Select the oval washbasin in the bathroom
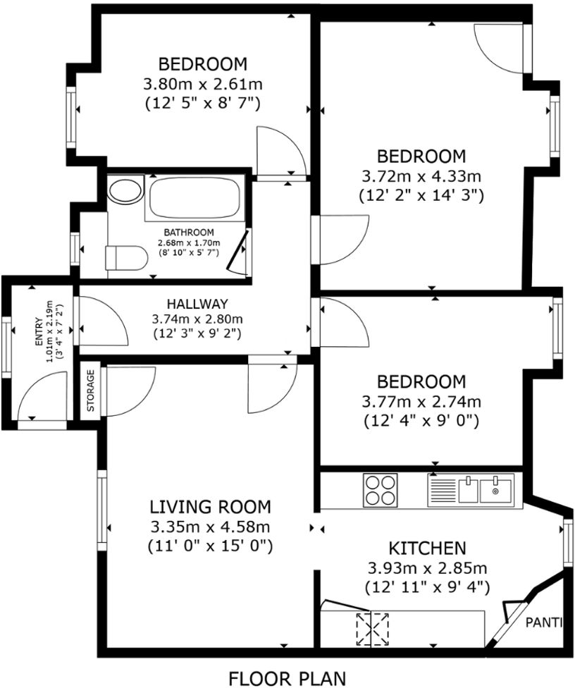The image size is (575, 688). click(x=125, y=191)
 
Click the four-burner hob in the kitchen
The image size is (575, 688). click(x=379, y=489)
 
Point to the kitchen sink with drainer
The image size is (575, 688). click(x=471, y=489)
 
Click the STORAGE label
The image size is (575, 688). click(x=90, y=391)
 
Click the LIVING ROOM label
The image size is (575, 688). click(x=210, y=506)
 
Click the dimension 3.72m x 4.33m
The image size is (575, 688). click(x=421, y=176)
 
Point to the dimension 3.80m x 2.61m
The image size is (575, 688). click(x=203, y=85)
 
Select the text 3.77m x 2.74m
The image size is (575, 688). click(x=421, y=403)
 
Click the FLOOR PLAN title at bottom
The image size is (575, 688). click(x=287, y=678)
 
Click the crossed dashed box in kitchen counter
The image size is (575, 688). click(x=373, y=628)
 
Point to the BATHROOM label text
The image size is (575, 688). click(x=188, y=233)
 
